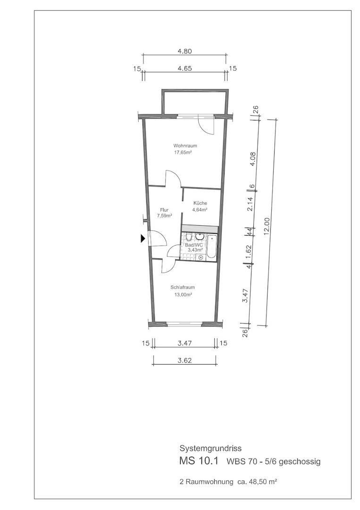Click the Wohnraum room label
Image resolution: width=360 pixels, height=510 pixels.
(185, 146)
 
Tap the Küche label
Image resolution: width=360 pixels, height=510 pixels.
(200, 203)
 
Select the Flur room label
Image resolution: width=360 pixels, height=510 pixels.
(164, 210)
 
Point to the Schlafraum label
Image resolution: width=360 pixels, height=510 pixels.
(183, 288)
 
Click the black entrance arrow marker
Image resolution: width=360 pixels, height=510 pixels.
(142, 238)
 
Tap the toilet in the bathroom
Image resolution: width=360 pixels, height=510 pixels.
(189, 237)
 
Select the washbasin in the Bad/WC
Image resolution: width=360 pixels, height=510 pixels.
(200, 236)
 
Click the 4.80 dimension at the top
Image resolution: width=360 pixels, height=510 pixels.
(184, 51)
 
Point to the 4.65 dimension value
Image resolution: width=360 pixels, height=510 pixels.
(184, 68)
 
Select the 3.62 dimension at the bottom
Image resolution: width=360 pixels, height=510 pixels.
(184, 360)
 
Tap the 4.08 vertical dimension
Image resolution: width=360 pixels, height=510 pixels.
(254, 158)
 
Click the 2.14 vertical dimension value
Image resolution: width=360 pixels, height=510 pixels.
(250, 204)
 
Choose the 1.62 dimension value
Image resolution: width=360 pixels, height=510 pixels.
(249, 251)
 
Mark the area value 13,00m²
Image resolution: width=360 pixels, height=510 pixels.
(183, 295)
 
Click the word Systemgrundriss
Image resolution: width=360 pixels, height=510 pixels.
(210, 449)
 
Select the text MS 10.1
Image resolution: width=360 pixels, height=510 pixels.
(199, 461)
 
